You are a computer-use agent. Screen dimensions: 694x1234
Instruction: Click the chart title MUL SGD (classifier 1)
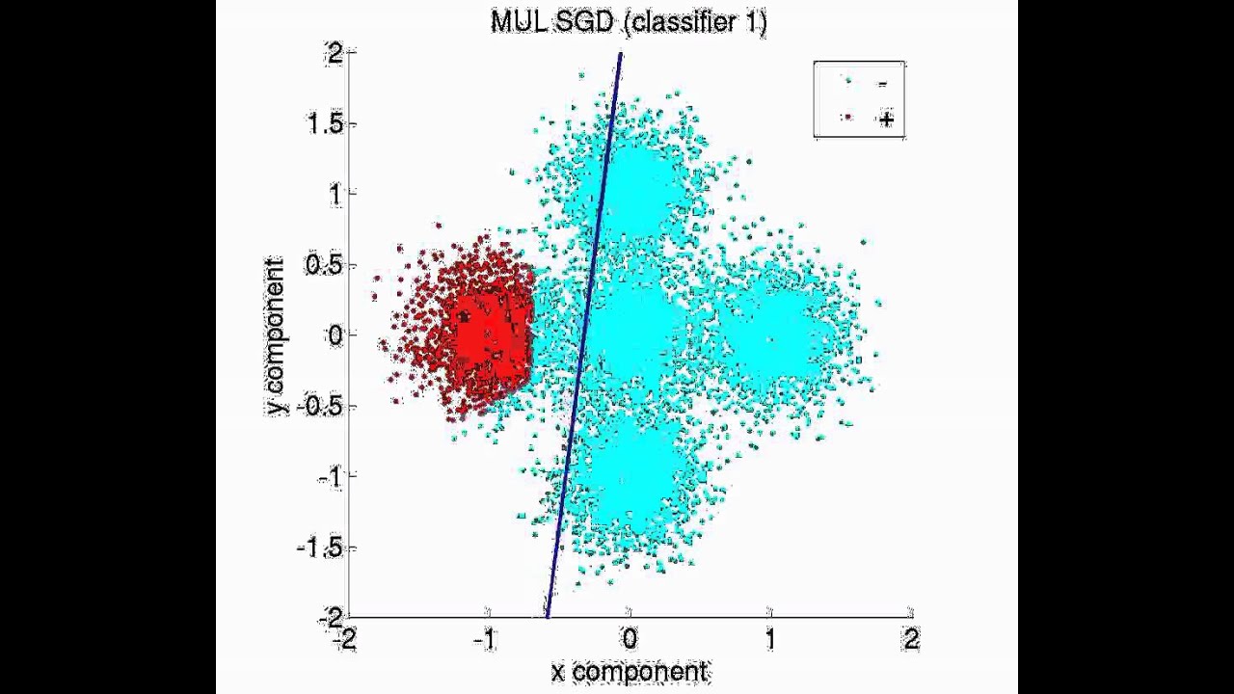tap(629, 21)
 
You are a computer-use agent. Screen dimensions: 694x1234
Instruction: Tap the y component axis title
tap(277, 336)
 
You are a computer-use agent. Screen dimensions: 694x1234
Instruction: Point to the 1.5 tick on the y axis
tap(324, 124)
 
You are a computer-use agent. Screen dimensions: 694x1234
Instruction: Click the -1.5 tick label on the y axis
tap(317, 547)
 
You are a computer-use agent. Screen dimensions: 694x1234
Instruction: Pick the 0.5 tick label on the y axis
tap(324, 265)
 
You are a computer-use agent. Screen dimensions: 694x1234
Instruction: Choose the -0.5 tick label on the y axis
tap(317, 406)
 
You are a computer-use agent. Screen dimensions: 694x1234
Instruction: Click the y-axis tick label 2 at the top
tap(335, 54)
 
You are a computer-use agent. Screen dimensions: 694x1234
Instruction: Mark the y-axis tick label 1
tap(335, 195)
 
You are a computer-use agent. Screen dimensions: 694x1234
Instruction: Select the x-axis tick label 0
tap(630, 638)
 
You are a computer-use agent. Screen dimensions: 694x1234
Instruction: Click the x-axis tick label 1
tap(770, 638)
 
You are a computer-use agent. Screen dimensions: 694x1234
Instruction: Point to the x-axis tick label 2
tap(911, 638)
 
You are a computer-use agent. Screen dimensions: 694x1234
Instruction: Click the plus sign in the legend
tap(885, 120)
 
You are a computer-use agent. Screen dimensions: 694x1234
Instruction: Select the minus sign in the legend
tap(882, 84)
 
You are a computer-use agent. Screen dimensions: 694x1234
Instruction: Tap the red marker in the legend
tap(848, 118)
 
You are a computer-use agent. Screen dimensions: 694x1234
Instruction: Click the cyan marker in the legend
tap(848, 82)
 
